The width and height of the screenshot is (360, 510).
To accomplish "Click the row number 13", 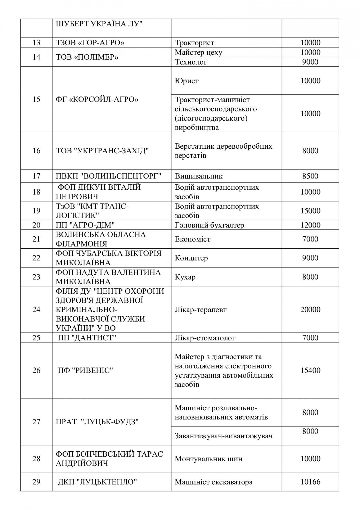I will pos(36,43).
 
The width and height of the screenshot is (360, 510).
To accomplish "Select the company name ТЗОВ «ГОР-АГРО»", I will pos(90,43).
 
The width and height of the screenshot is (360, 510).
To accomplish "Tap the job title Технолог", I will pos(191,62).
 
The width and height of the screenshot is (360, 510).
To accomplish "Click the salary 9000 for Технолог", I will pos(310,62).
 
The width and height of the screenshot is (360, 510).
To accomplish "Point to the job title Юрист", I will pos(187,81).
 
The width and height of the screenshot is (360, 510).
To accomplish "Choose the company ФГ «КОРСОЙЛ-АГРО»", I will pos(97,99).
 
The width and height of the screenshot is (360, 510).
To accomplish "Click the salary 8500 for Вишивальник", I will pos(310,176).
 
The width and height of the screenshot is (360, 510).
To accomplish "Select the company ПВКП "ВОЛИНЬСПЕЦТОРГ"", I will pos(108,176).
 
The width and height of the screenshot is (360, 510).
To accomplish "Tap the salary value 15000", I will pos(310,211).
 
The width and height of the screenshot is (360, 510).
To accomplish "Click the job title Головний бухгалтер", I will pos(209,225).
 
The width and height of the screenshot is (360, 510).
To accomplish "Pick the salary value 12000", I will pos(310,225).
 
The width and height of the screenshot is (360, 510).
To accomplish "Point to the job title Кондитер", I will pos(191,258).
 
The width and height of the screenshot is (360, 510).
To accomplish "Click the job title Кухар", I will pos(185,277).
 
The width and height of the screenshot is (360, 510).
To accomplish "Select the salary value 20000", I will pos(310,310).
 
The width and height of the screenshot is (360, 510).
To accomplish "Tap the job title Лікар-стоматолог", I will pos(205,338).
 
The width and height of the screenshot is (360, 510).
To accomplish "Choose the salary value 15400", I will pos(310,370).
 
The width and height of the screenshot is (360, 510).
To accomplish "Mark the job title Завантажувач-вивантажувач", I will pos(224,436).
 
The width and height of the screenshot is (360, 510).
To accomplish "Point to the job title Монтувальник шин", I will pos(208,459).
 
